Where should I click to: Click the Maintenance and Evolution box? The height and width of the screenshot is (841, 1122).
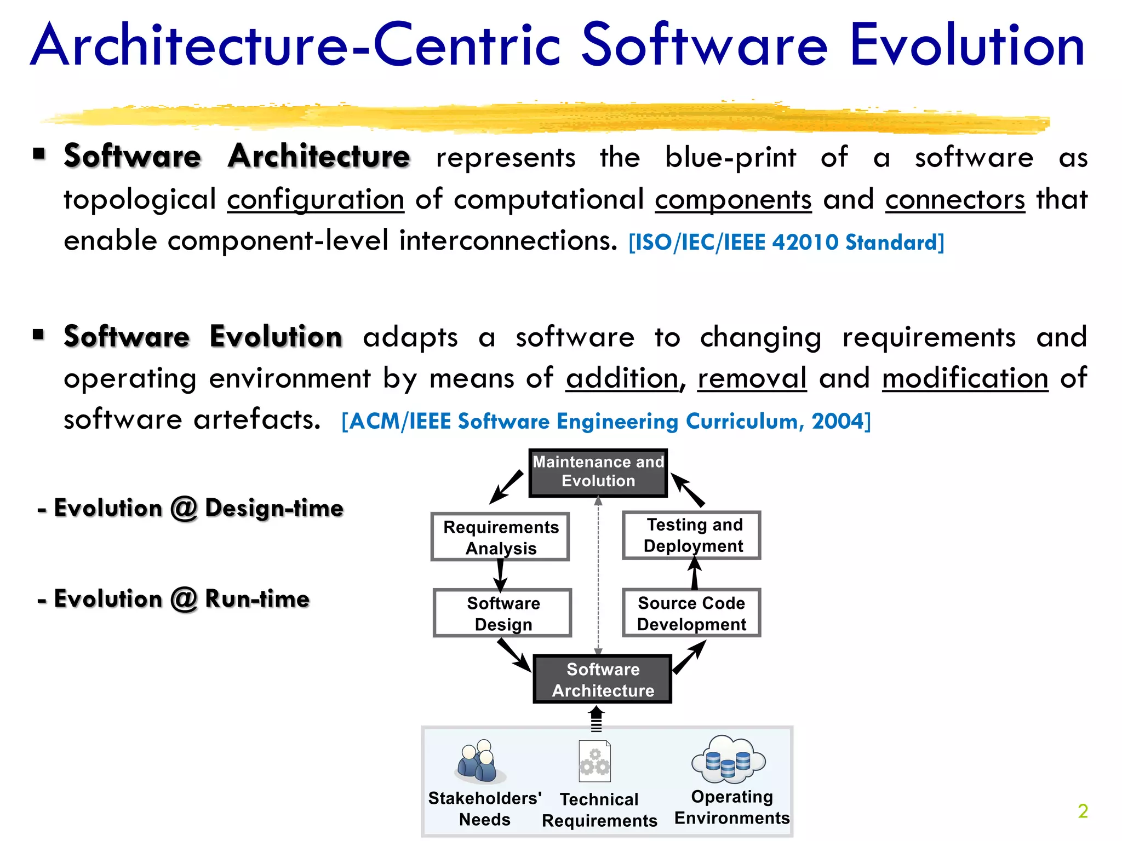click(598, 473)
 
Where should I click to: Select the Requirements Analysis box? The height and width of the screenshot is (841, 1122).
click(500, 537)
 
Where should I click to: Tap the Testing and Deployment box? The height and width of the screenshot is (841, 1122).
click(692, 535)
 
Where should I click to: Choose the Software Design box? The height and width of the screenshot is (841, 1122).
click(502, 613)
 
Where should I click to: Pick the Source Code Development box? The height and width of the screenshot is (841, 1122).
click(691, 613)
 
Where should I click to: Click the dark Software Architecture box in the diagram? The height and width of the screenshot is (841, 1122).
click(602, 679)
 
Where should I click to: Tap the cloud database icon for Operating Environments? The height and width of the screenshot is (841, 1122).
click(728, 759)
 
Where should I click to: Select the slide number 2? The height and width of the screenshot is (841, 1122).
click(1083, 811)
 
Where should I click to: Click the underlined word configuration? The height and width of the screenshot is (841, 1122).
click(316, 200)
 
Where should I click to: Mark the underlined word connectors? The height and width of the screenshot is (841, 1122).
click(955, 200)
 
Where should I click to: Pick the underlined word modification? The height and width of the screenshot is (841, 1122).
click(965, 378)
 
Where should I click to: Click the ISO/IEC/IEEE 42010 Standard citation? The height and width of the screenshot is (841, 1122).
click(786, 242)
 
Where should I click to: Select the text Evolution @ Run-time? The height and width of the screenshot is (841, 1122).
click(174, 598)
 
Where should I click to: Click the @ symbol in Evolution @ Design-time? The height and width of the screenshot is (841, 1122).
click(184, 509)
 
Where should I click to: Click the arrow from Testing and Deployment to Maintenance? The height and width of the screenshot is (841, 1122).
click(688, 489)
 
